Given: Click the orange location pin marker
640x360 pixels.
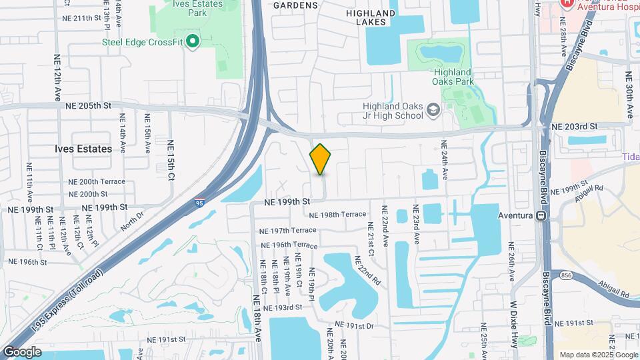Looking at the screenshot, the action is coord(320,159).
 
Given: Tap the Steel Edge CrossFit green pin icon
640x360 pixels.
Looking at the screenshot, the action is coord(193,42).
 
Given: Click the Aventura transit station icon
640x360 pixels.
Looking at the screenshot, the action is coord(541,216).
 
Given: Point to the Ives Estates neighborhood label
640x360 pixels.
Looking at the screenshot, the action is coord(83,149).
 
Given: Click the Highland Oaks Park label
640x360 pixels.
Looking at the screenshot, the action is coord(453,77).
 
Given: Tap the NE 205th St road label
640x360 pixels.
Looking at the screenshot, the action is coord(87,105).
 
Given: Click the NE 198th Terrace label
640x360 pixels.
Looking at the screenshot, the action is coord(339,214).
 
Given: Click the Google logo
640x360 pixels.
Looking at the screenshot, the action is coord(22,351).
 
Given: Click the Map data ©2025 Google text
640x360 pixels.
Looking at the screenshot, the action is coord(597,354).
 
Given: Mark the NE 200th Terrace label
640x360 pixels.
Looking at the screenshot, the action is coord(96,181).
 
